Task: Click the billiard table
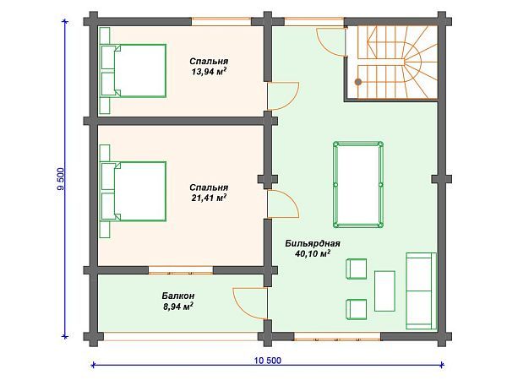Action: pos(358,184)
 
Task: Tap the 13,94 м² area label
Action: pos(209,72)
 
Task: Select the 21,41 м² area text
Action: pos(209,198)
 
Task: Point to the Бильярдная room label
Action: pos(313,243)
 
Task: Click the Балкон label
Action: pos(178,296)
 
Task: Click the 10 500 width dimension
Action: pos(268,361)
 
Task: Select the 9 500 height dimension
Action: pos(61,179)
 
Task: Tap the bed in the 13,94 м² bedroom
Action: pos(134,71)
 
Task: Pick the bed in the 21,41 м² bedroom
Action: pos(134,192)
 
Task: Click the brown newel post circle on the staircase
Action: pos(358,82)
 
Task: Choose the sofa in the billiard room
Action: pos(421,290)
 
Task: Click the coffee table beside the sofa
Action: pos(384,291)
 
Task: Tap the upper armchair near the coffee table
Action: pos(357,269)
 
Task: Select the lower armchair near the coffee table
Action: pos(357,309)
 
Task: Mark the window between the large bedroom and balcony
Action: pos(181,270)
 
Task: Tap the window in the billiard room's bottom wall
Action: pos(337,336)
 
